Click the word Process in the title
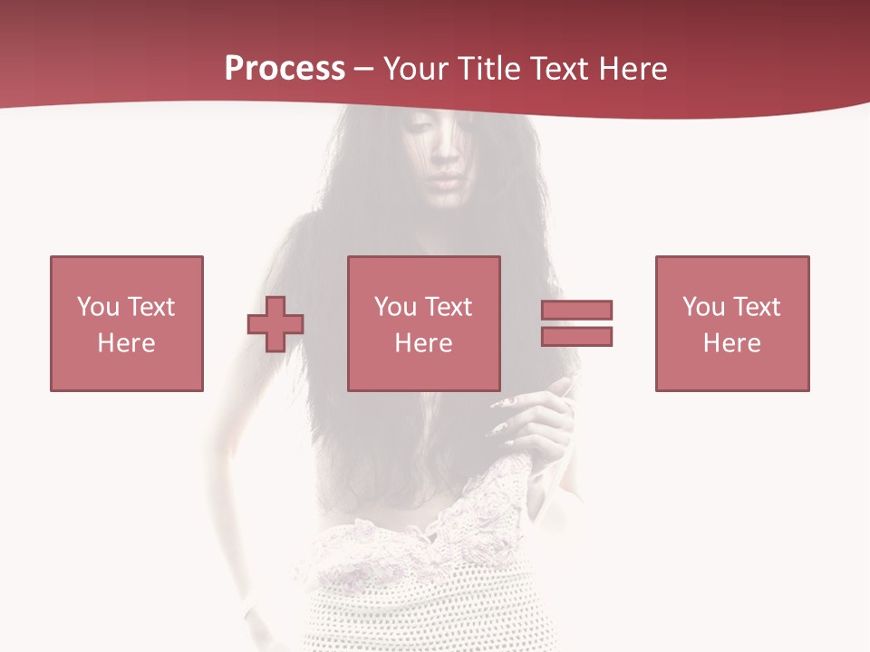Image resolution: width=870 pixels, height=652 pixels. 285,69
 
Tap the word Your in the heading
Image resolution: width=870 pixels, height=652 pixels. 416,69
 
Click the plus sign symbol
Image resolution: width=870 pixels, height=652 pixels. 275,323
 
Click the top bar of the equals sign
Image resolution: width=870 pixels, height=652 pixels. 577,310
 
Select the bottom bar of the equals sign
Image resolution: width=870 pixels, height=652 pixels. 577,336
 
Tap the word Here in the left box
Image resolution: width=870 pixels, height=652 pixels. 126,343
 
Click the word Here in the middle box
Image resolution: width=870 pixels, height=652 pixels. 423,343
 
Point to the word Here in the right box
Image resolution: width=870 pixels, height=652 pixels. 731,343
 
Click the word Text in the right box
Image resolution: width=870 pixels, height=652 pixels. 757,307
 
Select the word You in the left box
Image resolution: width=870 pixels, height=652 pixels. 98,307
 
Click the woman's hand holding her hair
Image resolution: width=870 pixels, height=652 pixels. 535,417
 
